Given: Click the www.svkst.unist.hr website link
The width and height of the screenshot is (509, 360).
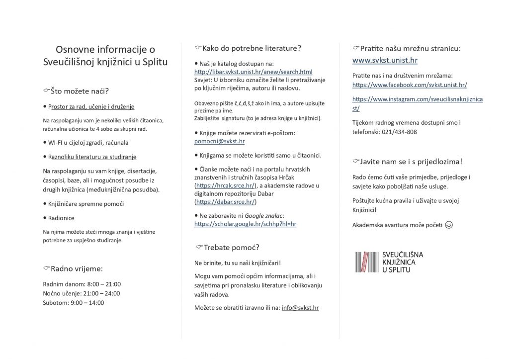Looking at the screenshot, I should coord(385,61).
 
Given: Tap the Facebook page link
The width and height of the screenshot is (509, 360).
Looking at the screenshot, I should coord(410,85).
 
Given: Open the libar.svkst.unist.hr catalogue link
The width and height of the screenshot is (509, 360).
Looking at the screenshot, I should coord(253,72).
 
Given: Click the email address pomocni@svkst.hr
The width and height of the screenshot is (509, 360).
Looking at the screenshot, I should coord(219,141).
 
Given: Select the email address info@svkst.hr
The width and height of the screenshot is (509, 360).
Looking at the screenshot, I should coord(300,308).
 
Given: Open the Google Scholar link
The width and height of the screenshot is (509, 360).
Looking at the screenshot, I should coord(245,224).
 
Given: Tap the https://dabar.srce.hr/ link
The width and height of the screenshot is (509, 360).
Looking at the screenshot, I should coord(225,202).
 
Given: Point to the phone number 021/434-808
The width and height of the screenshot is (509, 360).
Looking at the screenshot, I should coord(399,132).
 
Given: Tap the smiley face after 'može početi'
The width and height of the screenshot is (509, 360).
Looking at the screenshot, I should coord(449,225).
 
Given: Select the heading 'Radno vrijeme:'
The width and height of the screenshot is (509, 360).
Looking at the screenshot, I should coord(76,269).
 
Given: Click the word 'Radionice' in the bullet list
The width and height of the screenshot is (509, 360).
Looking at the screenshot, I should coord(61,218).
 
